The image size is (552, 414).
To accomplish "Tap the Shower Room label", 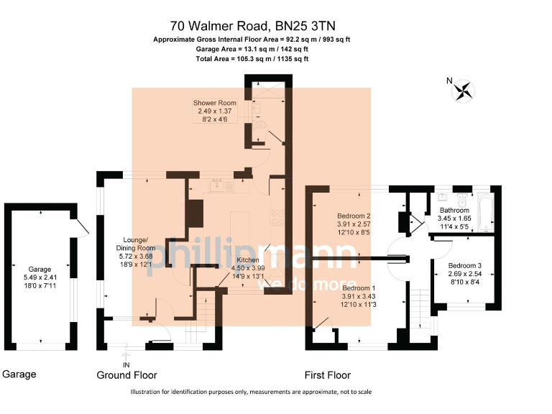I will click(214, 103).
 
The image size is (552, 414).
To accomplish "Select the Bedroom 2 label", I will click(354, 216).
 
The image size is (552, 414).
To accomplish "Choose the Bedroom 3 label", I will click(464, 266).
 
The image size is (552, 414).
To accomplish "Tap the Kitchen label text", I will click(248, 260).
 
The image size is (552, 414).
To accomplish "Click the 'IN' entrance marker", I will click(126, 366).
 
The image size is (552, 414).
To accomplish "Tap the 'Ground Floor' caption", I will click(126, 375).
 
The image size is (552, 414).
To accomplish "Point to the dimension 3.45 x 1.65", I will click(454, 218).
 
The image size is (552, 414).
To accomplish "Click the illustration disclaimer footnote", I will click(251, 392).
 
